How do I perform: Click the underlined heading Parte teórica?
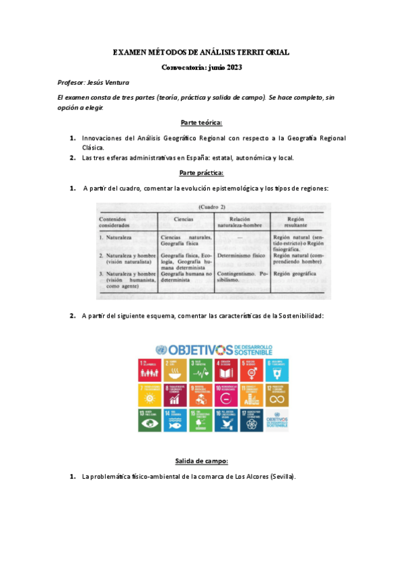pos(201,123)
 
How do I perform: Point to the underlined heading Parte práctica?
pos(201,173)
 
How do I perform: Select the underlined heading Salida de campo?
pos(201,461)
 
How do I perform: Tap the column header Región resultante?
pos(295,222)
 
